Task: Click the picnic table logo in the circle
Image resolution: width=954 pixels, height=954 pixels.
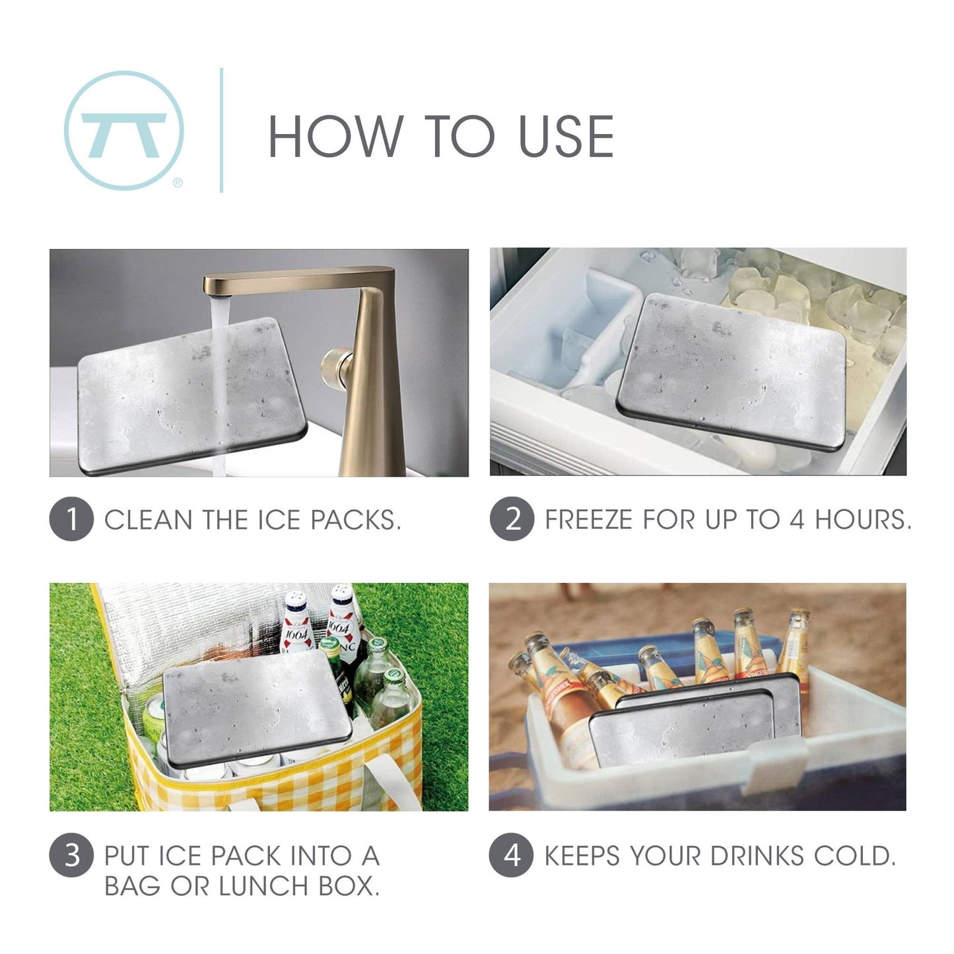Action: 124,131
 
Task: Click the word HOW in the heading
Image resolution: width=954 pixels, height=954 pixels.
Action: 335,136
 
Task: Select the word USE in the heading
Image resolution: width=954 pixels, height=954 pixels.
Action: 566,136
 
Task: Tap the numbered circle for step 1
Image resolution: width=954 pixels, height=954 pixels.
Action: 71,520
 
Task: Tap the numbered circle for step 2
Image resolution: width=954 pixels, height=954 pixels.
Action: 512,520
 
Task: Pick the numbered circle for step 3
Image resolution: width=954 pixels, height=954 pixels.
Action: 71,855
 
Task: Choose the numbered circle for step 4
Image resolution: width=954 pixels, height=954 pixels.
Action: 512,855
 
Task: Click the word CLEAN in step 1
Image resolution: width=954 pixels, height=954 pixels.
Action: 149,520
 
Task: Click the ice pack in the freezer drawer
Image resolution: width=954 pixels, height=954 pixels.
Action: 732,366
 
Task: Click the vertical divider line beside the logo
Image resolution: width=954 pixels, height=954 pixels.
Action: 221,130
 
